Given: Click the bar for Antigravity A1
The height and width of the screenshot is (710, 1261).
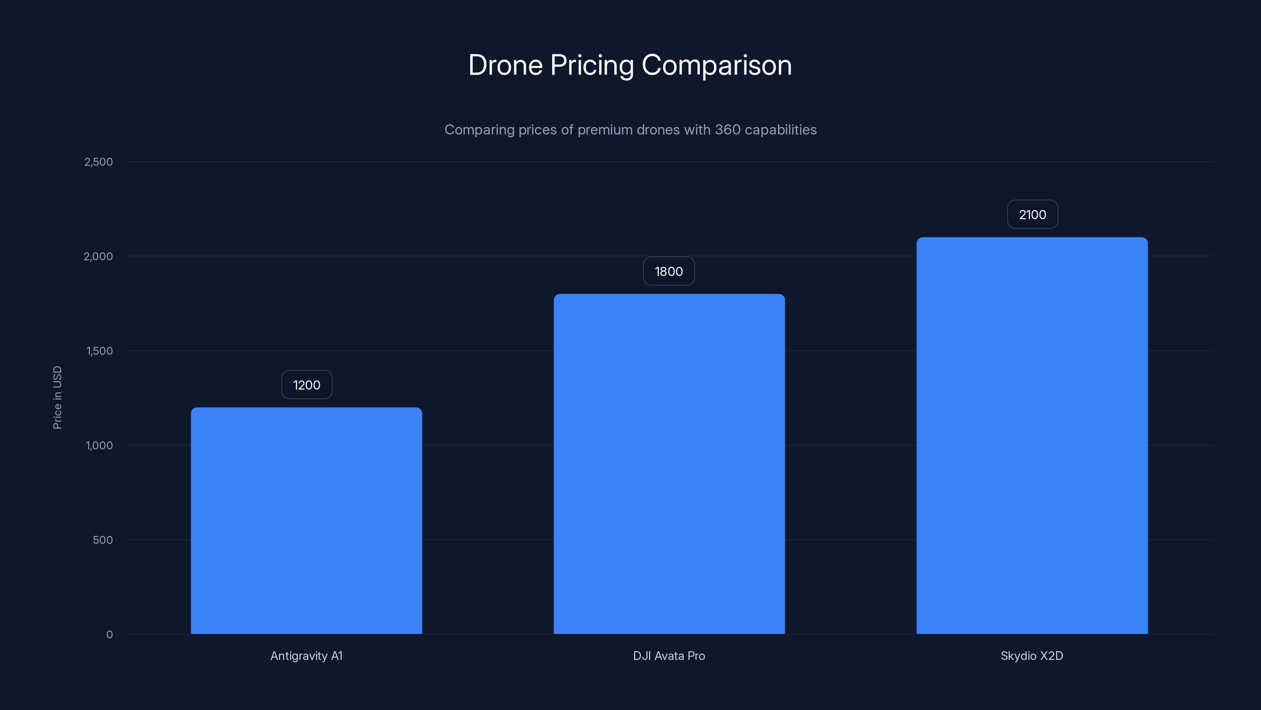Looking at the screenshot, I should click(x=307, y=520).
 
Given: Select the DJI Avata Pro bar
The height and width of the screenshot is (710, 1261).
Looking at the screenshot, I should click(x=669, y=463).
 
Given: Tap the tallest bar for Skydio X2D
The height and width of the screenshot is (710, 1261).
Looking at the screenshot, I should click(x=1032, y=435).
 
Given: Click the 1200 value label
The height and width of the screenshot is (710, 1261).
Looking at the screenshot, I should click(x=307, y=385).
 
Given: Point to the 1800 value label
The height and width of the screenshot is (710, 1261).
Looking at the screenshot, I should click(x=669, y=271).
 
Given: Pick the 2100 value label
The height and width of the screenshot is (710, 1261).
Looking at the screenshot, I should click(x=1032, y=215).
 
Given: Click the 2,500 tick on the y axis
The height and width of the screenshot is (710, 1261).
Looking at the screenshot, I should click(x=99, y=162).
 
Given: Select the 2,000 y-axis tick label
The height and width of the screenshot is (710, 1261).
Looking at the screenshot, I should click(x=99, y=257).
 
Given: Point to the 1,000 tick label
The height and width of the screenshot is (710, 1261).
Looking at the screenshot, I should click(x=99, y=446).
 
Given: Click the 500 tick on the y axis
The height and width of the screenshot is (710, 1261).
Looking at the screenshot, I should click(x=103, y=540).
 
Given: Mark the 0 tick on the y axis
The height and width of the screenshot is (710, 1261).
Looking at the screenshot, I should click(x=110, y=635).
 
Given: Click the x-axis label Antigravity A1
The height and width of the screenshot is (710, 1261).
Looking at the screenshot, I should click(x=307, y=656).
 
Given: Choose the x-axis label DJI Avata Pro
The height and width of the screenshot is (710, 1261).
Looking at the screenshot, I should click(x=669, y=656).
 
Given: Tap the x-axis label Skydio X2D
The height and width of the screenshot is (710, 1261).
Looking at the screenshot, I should click(x=1032, y=656).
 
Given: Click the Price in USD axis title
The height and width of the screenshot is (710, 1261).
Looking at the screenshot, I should click(x=57, y=397).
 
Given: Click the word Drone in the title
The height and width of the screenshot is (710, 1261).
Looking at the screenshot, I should click(x=505, y=65).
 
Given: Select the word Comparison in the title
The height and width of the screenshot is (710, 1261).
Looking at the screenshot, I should click(x=717, y=65).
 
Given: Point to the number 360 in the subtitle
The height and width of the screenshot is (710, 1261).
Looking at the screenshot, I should click(x=727, y=130).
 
